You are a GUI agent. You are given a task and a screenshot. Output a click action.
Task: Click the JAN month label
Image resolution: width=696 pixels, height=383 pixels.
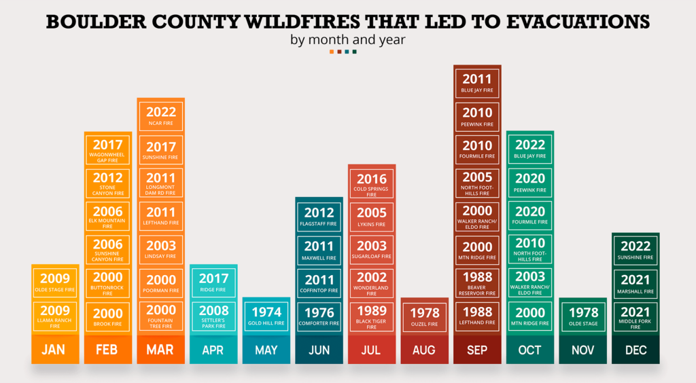pyautogui.click(x=54, y=350)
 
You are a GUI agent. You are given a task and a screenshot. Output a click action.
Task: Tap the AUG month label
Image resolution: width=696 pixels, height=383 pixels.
pyautogui.click(x=424, y=350)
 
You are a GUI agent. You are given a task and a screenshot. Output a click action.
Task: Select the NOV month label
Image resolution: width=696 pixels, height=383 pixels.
pyautogui.click(x=582, y=350)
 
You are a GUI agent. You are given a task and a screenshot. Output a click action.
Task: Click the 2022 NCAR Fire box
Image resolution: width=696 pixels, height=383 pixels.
pyautogui.click(x=161, y=116)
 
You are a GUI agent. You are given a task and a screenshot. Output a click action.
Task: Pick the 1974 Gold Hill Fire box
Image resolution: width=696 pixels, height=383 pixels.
pyautogui.click(x=267, y=316)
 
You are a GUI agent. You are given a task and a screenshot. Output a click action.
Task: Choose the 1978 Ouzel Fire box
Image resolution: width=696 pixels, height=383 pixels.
pyautogui.click(x=424, y=316)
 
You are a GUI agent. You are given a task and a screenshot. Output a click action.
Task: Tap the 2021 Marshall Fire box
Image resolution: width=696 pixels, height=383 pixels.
pyautogui.click(x=636, y=283)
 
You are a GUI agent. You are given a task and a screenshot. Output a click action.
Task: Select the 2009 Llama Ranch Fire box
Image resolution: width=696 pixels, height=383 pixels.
pyautogui.click(x=55, y=316)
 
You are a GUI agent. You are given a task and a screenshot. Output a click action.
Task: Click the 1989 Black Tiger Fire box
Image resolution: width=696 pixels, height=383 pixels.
pyautogui.click(x=372, y=316)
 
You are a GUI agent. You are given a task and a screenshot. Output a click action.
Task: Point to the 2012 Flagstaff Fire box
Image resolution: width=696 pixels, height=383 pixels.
pyautogui.click(x=319, y=217)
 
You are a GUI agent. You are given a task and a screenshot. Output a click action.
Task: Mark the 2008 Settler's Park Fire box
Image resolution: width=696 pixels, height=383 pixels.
pyautogui.click(x=213, y=316)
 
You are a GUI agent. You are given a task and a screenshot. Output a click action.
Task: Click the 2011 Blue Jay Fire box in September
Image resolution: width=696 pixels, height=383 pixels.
pyautogui.click(x=476, y=84)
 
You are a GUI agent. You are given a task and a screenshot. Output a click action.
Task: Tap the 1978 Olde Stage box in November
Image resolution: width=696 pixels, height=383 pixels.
pyautogui.click(x=582, y=316)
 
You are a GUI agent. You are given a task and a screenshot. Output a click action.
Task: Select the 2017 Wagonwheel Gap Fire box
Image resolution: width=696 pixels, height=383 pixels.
pyautogui.click(x=108, y=150)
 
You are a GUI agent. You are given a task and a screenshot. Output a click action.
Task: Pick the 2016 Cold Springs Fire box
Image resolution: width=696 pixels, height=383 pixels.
pyautogui.click(x=372, y=183)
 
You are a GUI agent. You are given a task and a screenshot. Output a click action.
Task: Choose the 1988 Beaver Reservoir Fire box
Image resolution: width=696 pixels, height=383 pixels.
pyautogui.click(x=476, y=283)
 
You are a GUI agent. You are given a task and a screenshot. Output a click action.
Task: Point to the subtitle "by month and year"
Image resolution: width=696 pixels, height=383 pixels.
pyautogui.click(x=348, y=39)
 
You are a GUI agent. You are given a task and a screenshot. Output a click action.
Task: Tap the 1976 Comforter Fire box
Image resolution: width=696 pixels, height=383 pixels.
pyautogui.click(x=319, y=316)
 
